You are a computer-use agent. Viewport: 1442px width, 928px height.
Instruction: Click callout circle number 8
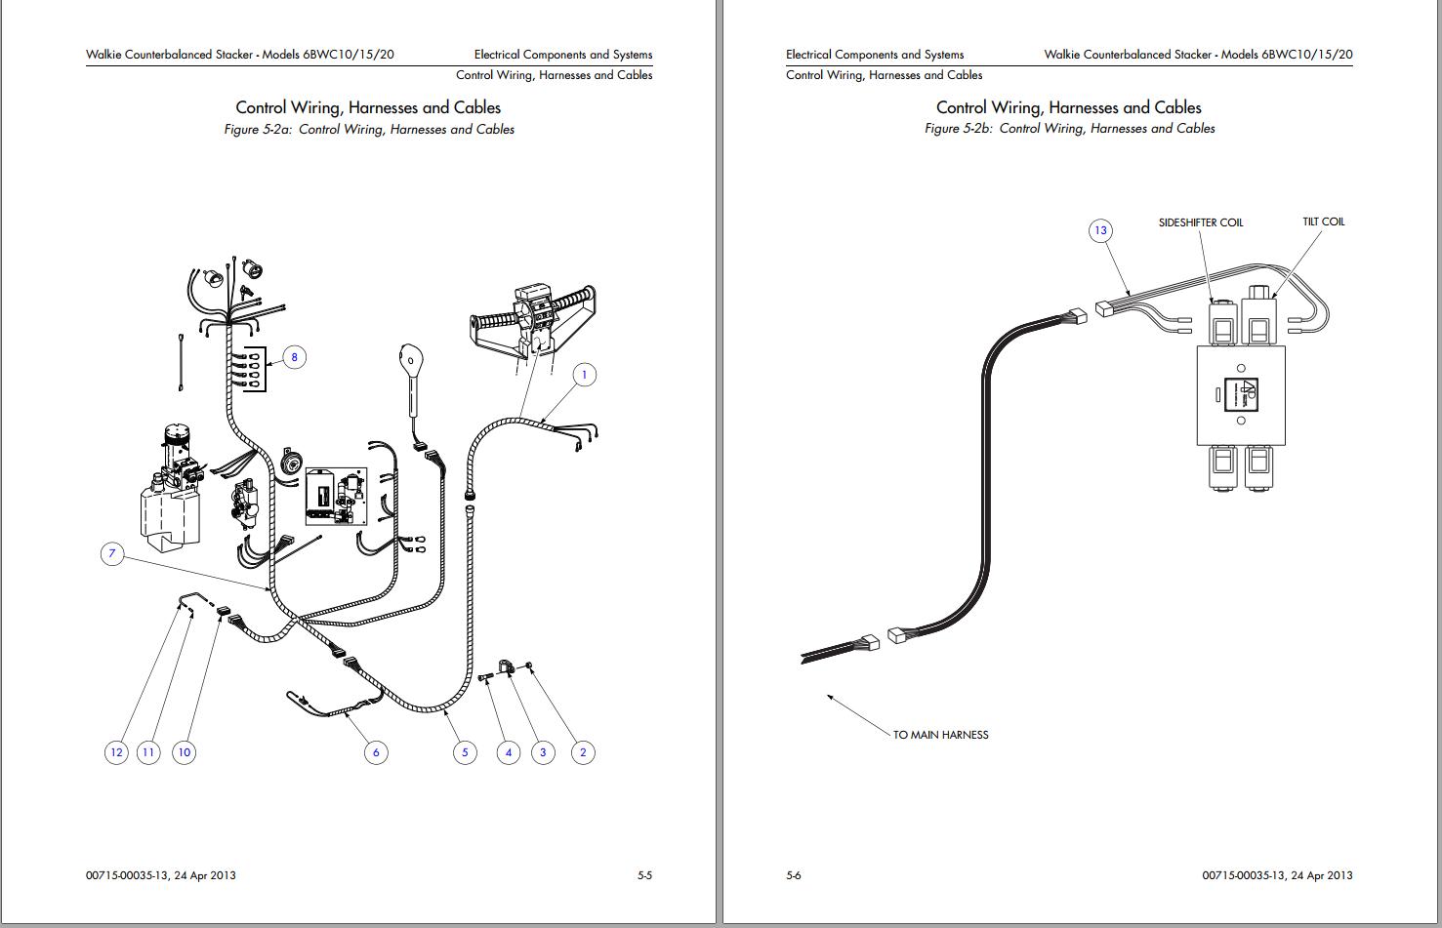click(x=294, y=357)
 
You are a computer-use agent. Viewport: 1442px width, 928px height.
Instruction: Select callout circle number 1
click(x=584, y=375)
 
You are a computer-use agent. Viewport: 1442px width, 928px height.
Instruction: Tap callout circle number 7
click(x=112, y=554)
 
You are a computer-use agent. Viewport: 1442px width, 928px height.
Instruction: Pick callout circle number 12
click(x=116, y=751)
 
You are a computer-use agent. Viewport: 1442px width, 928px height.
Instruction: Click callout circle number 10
click(x=184, y=751)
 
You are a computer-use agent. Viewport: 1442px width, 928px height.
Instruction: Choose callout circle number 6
click(x=376, y=751)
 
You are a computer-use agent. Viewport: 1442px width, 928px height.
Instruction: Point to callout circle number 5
click(x=465, y=751)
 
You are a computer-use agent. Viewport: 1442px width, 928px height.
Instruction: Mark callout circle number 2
click(x=583, y=751)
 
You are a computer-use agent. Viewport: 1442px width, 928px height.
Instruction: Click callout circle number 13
click(x=1100, y=230)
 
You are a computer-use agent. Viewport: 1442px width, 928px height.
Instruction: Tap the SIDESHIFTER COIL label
click(x=1200, y=222)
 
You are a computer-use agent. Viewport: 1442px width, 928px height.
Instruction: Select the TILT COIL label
click(x=1323, y=222)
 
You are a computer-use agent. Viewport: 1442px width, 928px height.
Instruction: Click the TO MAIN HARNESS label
click(x=940, y=735)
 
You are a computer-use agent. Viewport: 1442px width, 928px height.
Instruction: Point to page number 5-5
click(x=644, y=875)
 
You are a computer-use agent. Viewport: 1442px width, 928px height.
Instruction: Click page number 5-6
click(x=793, y=875)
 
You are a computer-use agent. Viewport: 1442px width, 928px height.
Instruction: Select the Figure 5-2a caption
click(x=369, y=129)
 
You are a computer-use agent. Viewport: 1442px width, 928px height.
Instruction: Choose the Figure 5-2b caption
click(x=1069, y=128)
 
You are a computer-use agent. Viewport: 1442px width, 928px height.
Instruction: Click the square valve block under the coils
click(x=1240, y=395)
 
